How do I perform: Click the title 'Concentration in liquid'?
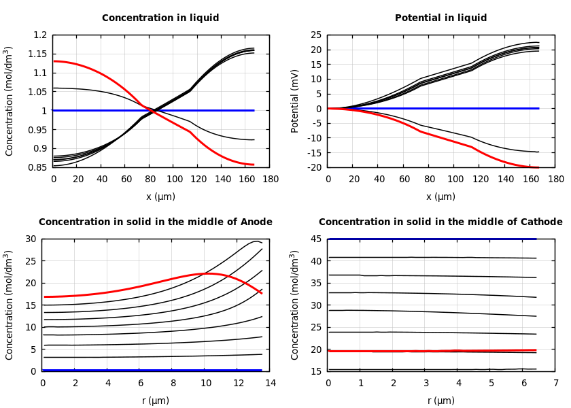point(160,18)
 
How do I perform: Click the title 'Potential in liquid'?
point(440,18)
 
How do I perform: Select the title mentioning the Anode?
point(155,222)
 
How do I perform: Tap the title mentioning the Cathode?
point(440,222)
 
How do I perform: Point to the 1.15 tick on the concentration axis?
point(38,54)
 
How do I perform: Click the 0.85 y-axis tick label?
point(38,167)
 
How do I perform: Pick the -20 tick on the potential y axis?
point(315,167)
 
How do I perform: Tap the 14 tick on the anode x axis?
point(270,384)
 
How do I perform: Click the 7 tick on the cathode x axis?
point(555,384)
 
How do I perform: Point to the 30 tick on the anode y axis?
point(29,239)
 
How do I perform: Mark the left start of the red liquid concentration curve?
point(54,61)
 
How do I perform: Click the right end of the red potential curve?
point(538,167)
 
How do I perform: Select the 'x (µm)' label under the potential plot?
point(440,197)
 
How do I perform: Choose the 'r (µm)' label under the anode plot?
point(155,401)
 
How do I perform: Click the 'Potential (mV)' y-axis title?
point(295,101)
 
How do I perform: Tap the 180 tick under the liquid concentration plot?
point(270,180)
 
